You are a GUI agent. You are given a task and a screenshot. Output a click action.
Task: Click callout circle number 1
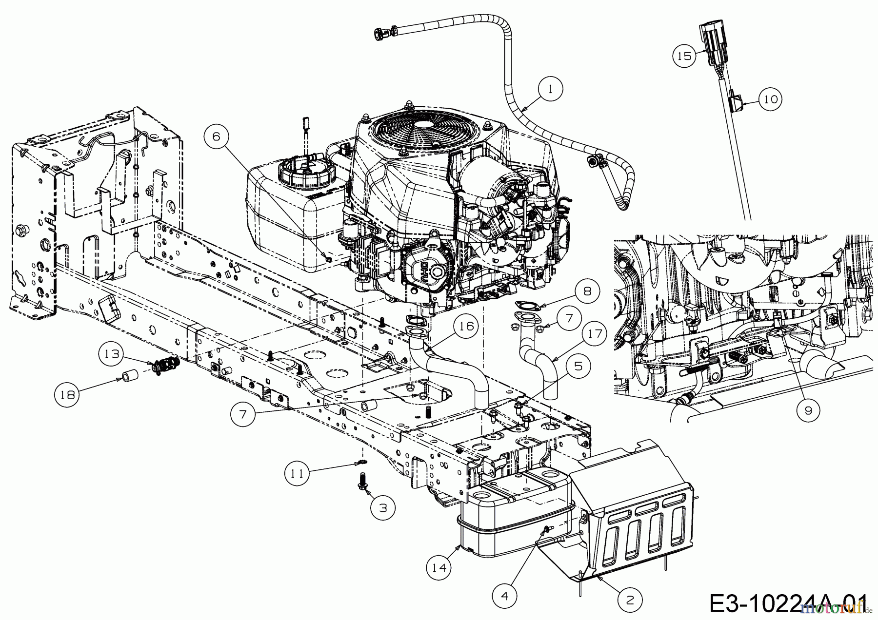[x=551, y=89]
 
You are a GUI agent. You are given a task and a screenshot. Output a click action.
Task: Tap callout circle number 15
[x=685, y=56]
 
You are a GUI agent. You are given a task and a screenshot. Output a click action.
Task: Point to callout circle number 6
[x=216, y=137]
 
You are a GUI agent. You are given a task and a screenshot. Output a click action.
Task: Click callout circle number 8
[x=587, y=291]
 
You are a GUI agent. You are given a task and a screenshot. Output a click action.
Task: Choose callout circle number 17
[x=595, y=334]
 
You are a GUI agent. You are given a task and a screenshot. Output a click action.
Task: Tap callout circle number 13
[x=112, y=354]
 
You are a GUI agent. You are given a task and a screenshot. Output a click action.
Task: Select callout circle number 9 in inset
[x=808, y=411]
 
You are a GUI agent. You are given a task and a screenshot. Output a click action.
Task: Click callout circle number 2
[x=630, y=601]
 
